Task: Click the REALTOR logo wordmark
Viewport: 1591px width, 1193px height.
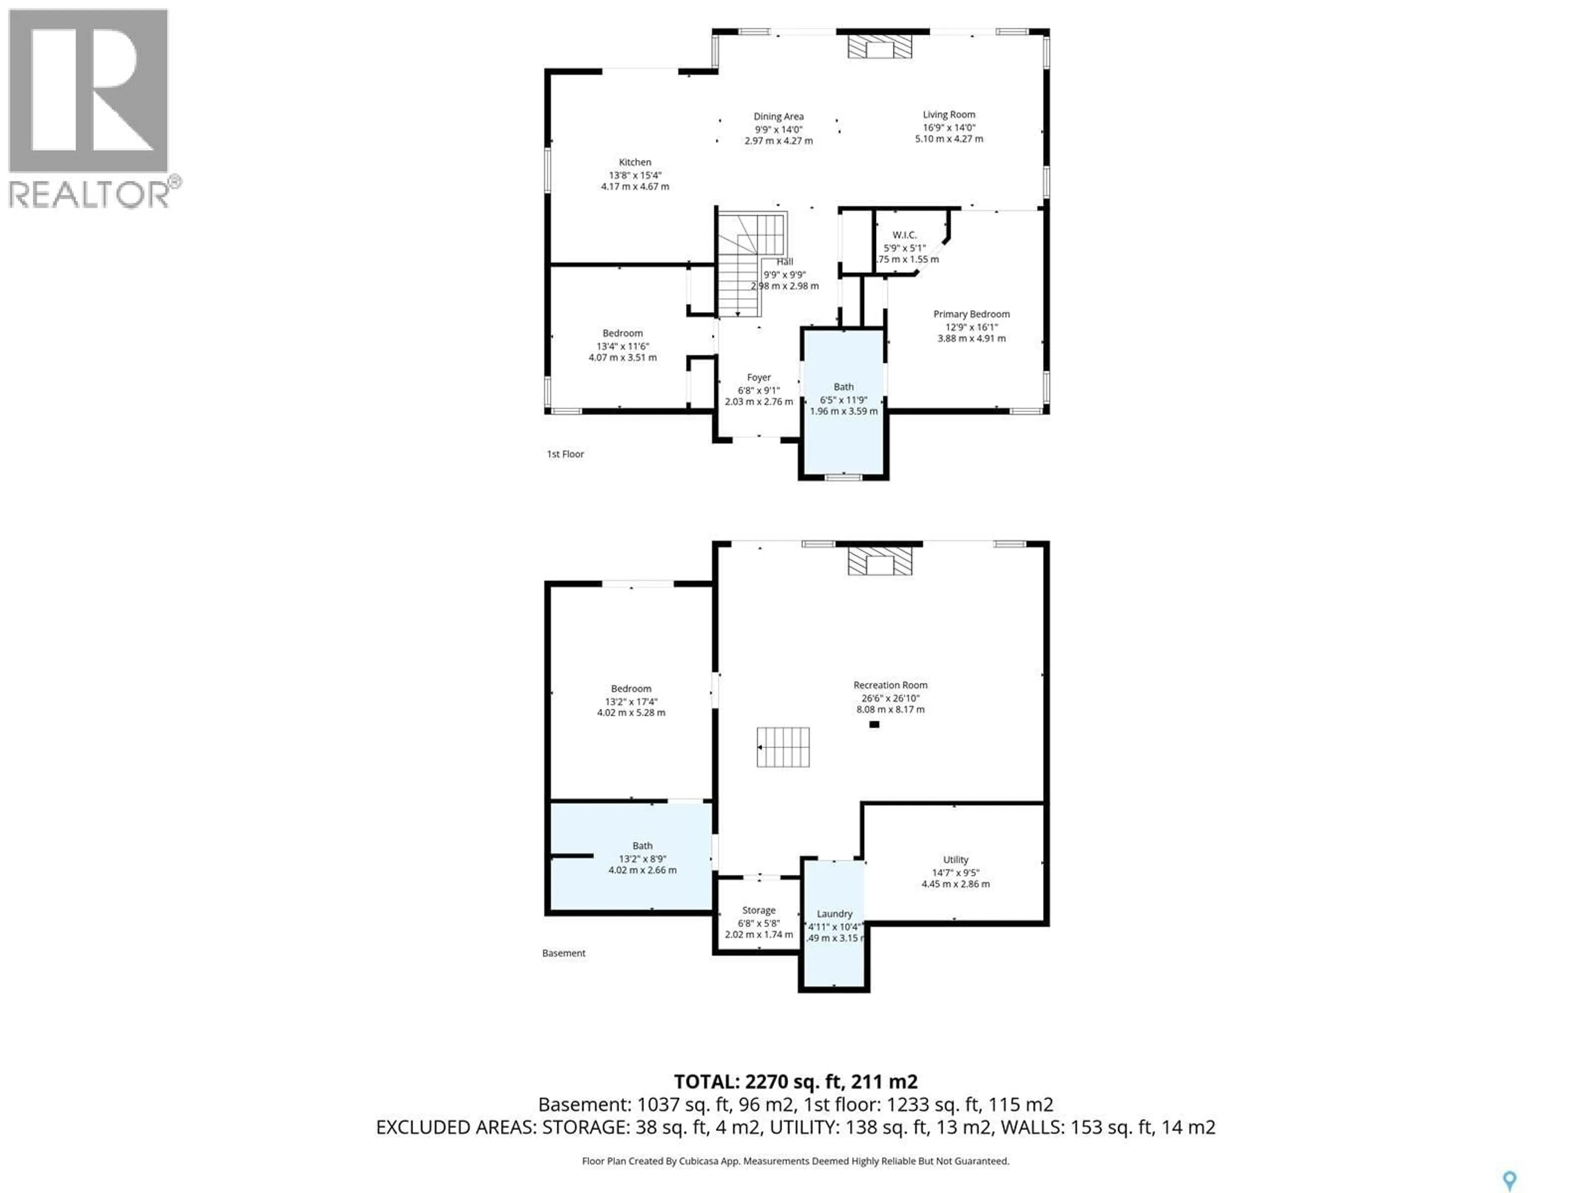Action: coord(90,194)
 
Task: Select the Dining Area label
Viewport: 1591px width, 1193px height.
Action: coord(778,116)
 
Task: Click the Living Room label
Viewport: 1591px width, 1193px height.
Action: coord(949,114)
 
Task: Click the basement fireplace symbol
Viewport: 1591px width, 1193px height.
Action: coord(880,562)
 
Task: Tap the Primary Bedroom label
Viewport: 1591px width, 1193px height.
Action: coord(971,314)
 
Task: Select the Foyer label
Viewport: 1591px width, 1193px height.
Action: coord(758,377)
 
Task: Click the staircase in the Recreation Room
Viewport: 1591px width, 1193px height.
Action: coord(783,747)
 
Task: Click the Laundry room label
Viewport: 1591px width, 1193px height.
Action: coord(834,913)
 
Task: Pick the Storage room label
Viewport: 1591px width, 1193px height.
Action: coord(758,910)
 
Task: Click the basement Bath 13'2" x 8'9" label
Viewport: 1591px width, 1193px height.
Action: coord(642,858)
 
